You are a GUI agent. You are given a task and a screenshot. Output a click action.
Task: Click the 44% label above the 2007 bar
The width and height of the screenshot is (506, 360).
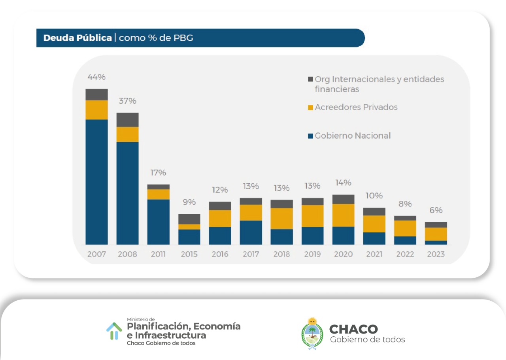click(x=96, y=77)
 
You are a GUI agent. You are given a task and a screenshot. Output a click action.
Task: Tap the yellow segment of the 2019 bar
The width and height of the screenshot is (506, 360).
click(x=312, y=216)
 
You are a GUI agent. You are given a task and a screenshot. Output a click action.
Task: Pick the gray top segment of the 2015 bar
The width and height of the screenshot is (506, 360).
click(x=189, y=219)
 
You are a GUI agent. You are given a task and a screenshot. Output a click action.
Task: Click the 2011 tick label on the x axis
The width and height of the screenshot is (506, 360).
click(x=158, y=254)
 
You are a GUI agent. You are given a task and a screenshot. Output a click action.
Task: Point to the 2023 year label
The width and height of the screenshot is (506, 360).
click(x=436, y=254)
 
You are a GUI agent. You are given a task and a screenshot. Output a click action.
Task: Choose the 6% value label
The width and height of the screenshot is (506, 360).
click(x=436, y=210)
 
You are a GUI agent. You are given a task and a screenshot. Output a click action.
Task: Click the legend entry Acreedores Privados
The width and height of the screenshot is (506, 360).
click(x=356, y=107)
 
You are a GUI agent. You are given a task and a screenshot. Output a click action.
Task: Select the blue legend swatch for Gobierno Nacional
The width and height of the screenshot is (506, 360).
click(x=310, y=136)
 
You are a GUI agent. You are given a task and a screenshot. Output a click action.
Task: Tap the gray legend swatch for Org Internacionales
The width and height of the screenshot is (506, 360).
click(x=310, y=79)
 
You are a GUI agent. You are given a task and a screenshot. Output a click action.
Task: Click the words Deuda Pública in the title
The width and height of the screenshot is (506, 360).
click(x=77, y=38)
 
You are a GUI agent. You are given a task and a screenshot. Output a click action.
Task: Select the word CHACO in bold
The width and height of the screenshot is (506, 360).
click(x=353, y=329)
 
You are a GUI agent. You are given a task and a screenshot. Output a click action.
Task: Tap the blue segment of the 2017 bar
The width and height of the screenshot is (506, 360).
click(x=251, y=232)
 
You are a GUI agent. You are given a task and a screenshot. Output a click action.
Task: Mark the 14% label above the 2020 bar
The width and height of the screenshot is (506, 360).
click(x=343, y=183)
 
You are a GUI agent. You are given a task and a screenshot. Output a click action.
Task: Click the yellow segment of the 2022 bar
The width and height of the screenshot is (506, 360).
click(x=405, y=228)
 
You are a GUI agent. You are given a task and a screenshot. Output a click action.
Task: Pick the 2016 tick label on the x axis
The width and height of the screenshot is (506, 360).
click(x=220, y=254)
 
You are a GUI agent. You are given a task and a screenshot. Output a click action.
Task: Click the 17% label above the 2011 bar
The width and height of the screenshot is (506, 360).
click(x=158, y=173)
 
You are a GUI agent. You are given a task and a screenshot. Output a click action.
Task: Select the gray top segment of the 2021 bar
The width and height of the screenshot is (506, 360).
click(x=374, y=211)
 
